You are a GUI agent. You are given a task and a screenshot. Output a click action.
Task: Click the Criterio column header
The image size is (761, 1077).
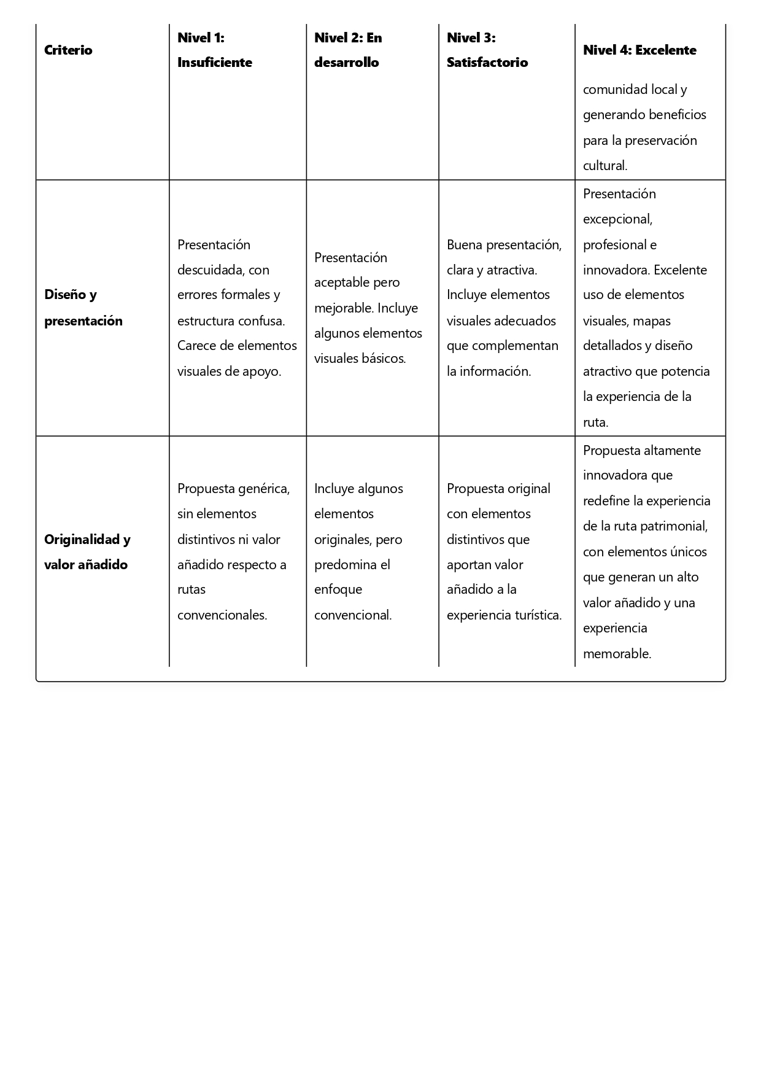(x=68, y=50)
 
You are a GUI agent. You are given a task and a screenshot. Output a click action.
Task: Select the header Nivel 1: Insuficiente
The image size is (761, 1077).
(x=214, y=50)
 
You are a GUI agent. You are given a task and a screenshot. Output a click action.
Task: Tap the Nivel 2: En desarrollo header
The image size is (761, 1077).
(x=347, y=50)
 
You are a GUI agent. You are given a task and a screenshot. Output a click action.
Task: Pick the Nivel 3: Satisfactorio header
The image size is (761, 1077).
(x=487, y=50)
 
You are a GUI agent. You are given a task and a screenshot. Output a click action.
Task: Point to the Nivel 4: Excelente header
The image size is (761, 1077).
(x=639, y=50)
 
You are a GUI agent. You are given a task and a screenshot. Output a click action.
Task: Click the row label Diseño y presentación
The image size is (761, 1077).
(x=83, y=308)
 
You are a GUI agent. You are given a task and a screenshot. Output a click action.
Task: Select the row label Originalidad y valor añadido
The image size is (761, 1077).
(x=87, y=551)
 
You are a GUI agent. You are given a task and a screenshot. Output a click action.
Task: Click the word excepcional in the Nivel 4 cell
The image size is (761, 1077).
(x=617, y=219)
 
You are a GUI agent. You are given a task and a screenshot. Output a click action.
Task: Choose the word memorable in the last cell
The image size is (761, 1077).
(x=616, y=653)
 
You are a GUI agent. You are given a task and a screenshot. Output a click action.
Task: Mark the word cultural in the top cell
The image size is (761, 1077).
(x=605, y=165)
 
